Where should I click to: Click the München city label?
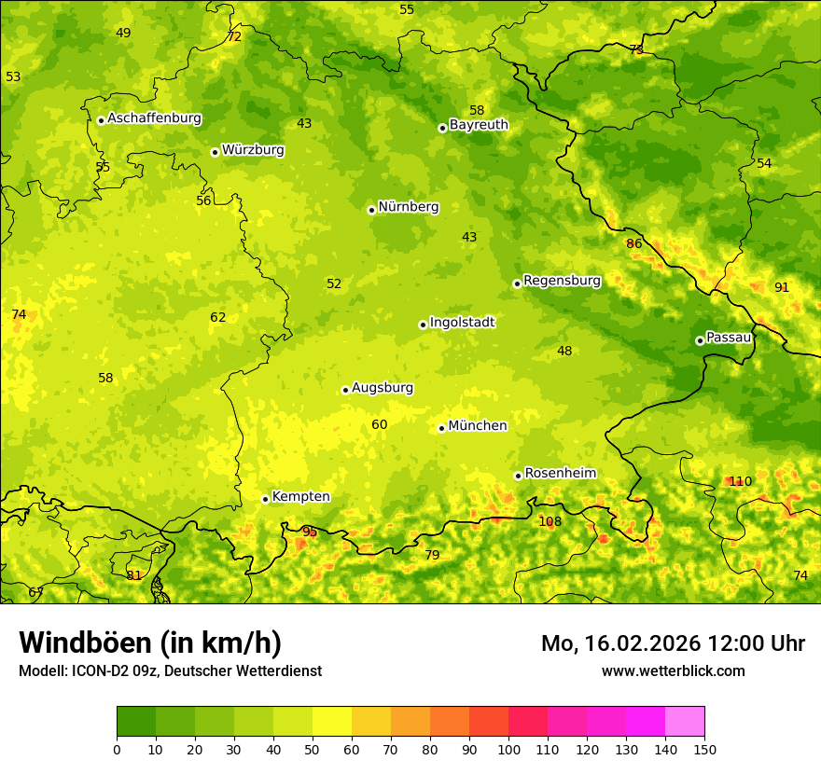click(478, 426)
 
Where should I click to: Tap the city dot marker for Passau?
click(700, 340)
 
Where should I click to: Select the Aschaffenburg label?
click(154, 118)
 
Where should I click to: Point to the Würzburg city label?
click(253, 150)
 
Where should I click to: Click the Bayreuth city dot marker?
click(442, 128)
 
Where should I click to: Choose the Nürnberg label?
click(409, 207)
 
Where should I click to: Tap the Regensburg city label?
click(562, 281)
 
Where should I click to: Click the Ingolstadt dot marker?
click(423, 325)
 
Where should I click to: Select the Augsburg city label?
click(383, 388)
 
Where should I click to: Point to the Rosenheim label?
click(560, 474)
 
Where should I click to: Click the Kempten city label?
click(300, 497)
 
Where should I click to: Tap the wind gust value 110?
click(740, 481)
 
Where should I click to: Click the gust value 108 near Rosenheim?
click(550, 521)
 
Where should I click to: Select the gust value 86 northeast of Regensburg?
click(634, 243)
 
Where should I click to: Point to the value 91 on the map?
click(782, 287)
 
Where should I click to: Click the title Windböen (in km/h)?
click(150, 643)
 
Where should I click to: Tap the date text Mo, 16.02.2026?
click(619, 643)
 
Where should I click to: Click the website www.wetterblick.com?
click(673, 670)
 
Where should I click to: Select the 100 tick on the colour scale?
click(508, 749)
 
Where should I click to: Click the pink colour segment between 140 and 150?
click(685, 721)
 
